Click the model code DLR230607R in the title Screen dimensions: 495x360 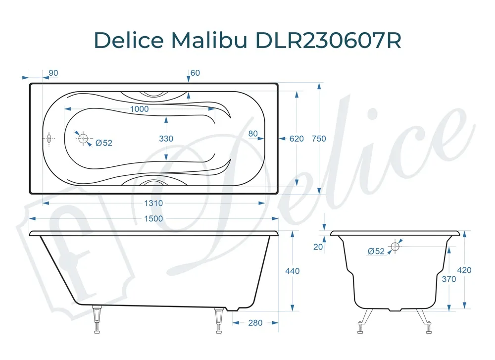coord(328,41)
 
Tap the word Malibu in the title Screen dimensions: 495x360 coord(209,41)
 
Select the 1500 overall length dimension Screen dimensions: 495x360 coord(153,218)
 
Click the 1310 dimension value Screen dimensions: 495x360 coord(153,203)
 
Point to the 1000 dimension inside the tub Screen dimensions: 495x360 coord(139,109)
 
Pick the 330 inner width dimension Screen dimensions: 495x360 coord(166,139)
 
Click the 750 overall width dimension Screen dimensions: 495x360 coord(319,139)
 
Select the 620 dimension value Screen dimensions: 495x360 coord(297,139)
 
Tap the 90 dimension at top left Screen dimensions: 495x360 coord(53,73)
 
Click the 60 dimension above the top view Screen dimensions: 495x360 coord(195,73)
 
